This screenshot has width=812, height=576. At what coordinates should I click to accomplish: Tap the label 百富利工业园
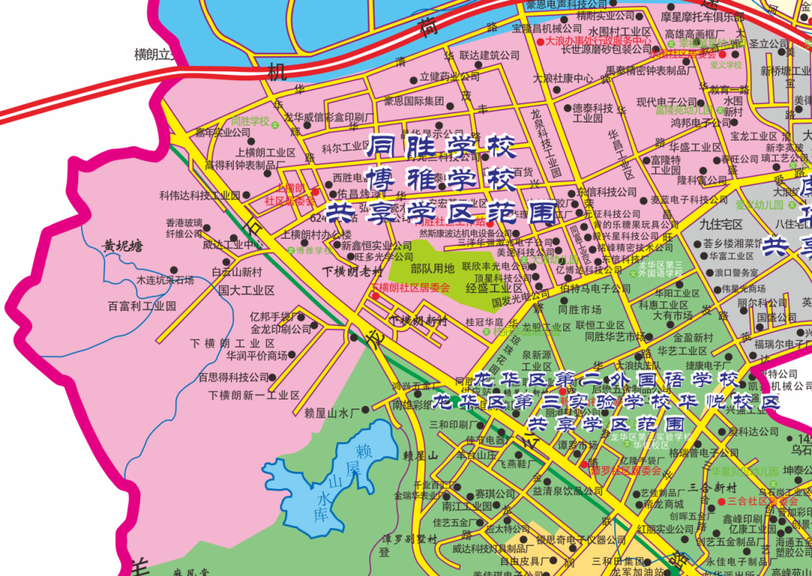[x=141, y=306]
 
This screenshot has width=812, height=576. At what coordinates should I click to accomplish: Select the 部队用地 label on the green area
[x=432, y=268]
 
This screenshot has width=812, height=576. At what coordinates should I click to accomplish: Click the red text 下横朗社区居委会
[x=411, y=288]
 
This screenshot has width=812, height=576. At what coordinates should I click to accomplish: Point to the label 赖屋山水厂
[x=332, y=412]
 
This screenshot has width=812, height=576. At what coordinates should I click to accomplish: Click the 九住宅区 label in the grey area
[x=720, y=224]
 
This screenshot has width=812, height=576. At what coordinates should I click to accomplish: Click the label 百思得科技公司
[x=233, y=377]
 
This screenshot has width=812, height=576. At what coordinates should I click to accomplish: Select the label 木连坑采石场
[x=165, y=280]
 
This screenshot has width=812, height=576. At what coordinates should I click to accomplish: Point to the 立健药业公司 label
[x=450, y=77]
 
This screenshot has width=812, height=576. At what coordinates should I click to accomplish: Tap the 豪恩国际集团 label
[x=414, y=101]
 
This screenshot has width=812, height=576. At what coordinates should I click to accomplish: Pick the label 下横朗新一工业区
[x=254, y=395]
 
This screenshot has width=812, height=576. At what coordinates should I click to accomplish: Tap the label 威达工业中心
[x=232, y=244]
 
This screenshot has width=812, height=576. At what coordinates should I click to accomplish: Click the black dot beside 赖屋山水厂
[x=365, y=410]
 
